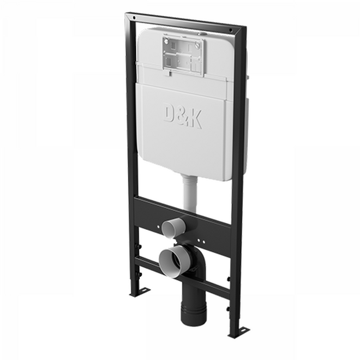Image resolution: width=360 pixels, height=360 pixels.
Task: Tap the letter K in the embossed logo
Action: click(195, 119)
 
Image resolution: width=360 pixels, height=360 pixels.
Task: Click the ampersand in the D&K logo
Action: click(183, 117)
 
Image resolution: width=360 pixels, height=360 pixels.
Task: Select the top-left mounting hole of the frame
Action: click(134, 18)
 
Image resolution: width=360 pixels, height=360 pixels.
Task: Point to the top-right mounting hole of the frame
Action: click(231, 30)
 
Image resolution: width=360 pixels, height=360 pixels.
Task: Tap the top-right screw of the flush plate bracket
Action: click(198, 45)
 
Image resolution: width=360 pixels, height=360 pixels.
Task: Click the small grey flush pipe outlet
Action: click(174, 227)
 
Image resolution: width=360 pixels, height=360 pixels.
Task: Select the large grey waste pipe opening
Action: click(175, 261)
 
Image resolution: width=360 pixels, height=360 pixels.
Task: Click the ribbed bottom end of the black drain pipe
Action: click(193, 314)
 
